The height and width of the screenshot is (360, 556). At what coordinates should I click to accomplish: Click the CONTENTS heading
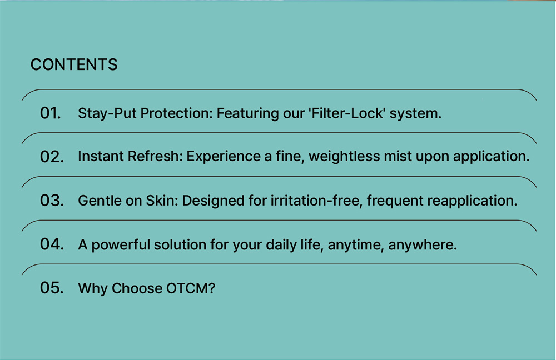(74, 64)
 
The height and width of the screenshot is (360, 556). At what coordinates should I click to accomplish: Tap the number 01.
(51, 113)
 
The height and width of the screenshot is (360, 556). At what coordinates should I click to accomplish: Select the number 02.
(52, 157)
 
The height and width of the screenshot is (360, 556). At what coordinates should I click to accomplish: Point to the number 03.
(52, 200)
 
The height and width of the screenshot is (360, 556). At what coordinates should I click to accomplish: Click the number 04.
(52, 244)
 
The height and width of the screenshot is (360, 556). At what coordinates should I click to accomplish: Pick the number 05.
(52, 288)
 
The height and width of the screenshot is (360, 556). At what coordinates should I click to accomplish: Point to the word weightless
(344, 157)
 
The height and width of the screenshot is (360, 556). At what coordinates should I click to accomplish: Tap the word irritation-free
(316, 201)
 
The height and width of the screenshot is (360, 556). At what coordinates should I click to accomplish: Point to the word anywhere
(423, 245)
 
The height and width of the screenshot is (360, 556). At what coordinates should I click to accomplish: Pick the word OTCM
(190, 288)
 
